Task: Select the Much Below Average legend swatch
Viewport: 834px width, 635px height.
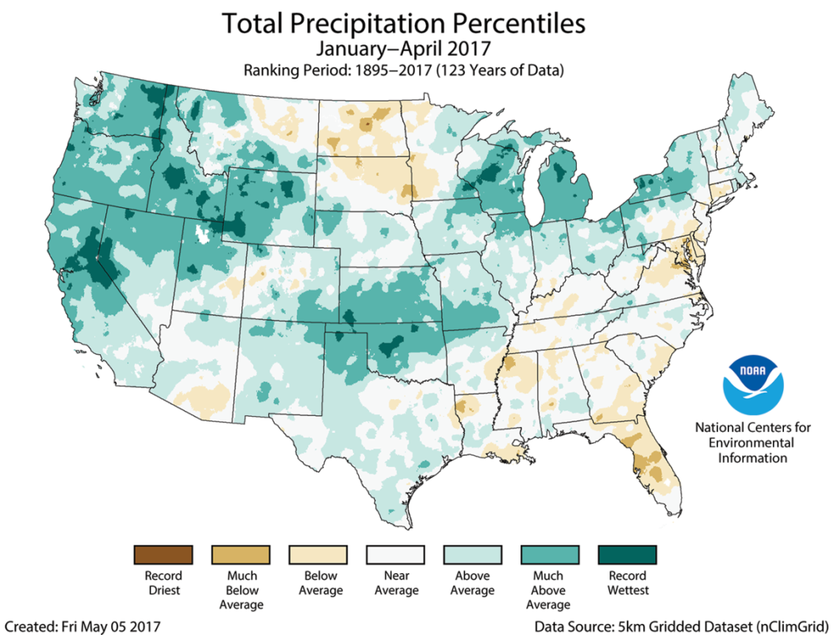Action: (241, 553)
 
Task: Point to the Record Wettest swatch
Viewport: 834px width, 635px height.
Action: (627, 553)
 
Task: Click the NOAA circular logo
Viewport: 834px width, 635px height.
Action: (752, 385)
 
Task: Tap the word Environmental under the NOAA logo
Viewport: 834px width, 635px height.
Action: (752, 442)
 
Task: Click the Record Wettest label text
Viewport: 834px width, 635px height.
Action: (627, 583)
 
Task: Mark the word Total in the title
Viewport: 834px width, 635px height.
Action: (253, 23)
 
